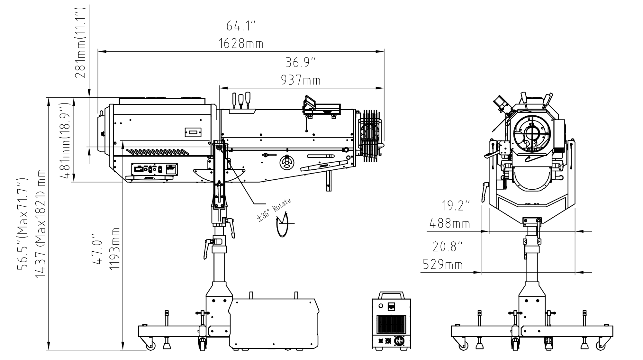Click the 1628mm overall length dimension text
[x=241, y=43]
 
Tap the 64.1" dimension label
[x=241, y=26]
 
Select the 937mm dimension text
[x=301, y=80]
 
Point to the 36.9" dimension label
[x=301, y=63]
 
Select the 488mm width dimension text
[x=450, y=223]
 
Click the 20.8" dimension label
[x=448, y=247]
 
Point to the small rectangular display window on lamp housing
[x=193, y=132]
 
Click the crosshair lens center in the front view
[x=532, y=133]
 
